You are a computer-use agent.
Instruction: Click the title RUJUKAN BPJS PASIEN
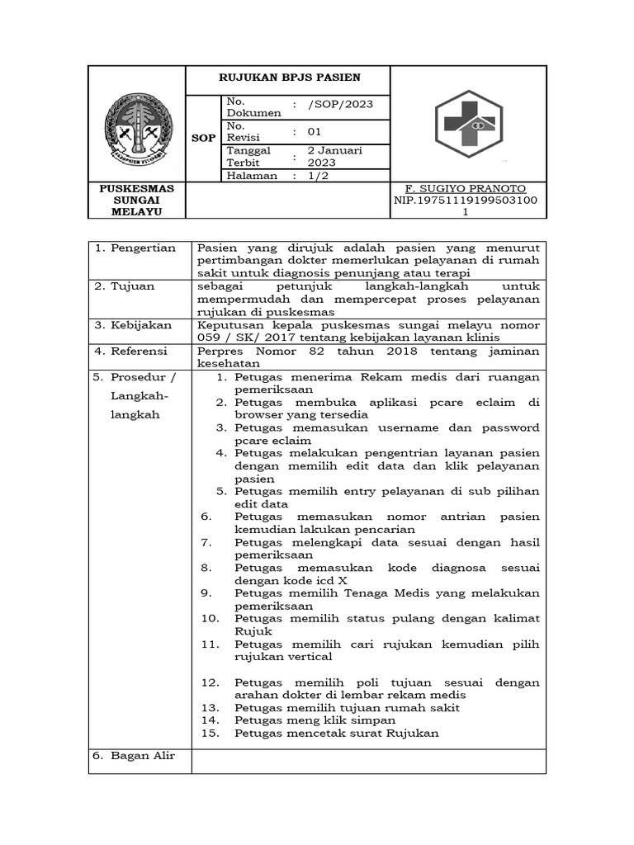pyautogui.click(x=288, y=78)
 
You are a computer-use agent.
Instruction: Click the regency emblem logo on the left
pyautogui.click(x=138, y=125)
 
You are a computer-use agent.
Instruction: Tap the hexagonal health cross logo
pyautogui.click(x=468, y=124)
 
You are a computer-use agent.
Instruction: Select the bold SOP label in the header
pyautogui.click(x=203, y=138)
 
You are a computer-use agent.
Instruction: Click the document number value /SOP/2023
pyautogui.click(x=339, y=103)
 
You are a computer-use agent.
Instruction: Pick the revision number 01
pyautogui.click(x=315, y=131)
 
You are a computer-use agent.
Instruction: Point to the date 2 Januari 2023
pyautogui.click(x=334, y=157)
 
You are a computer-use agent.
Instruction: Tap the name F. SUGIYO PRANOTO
pyautogui.click(x=467, y=189)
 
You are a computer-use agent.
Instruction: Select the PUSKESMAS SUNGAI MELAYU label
pyautogui.click(x=137, y=200)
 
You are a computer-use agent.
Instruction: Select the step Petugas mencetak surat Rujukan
pyautogui.click(x=336, y=734)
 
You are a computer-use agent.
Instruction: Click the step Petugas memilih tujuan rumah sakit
pyautogui.click(x=347, y=708)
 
